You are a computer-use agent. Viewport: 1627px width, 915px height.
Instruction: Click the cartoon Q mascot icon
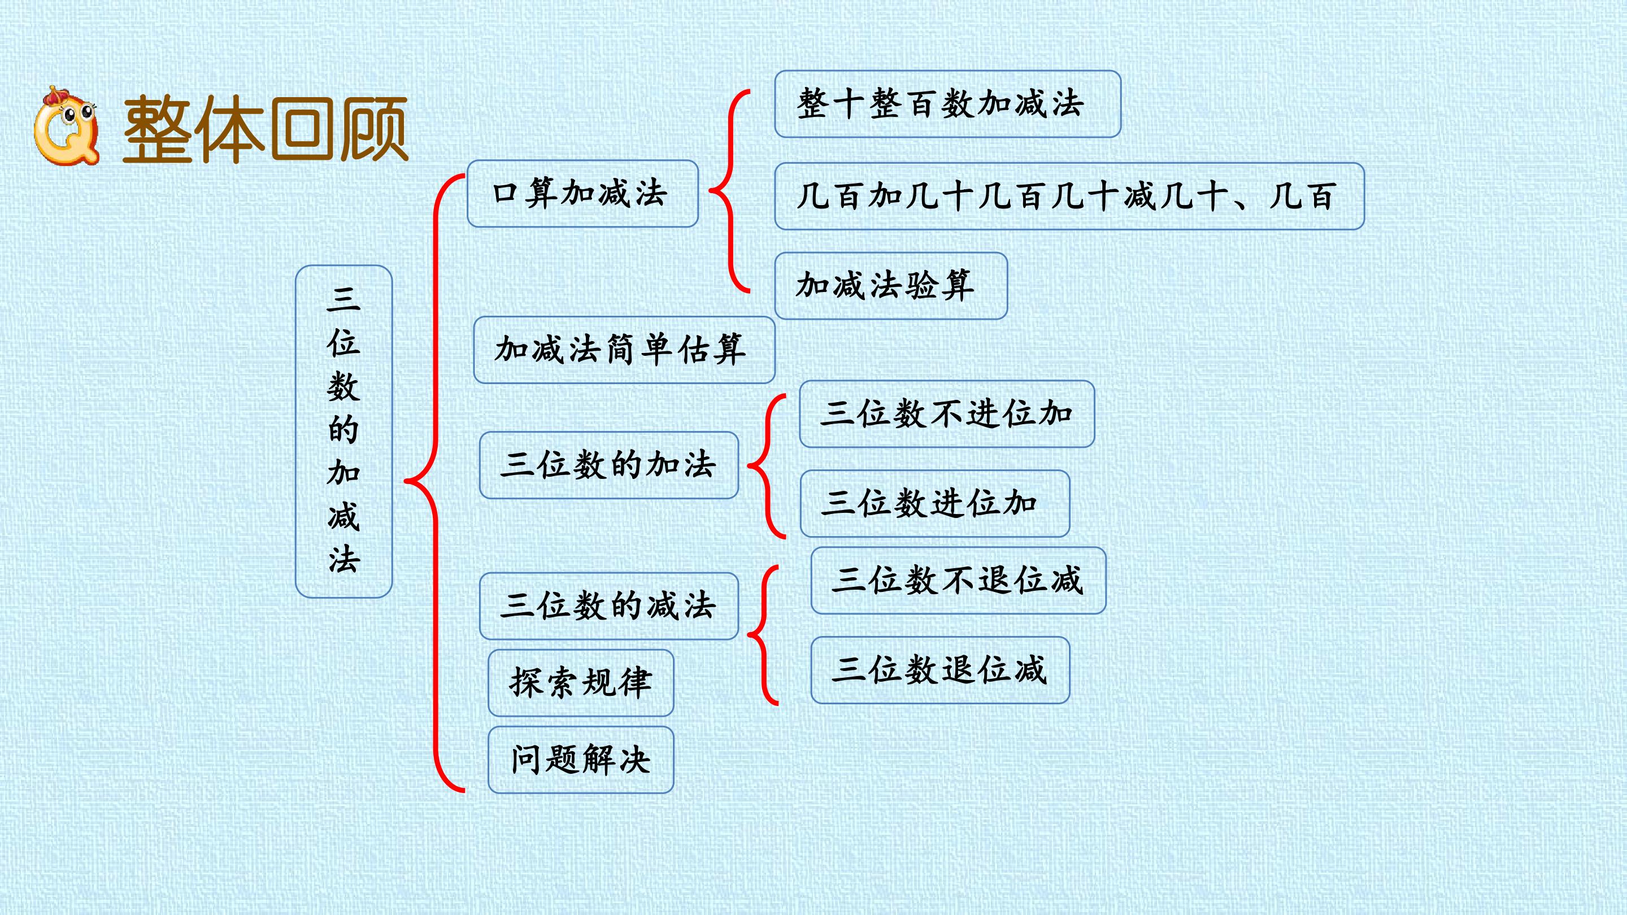tap(66, 125)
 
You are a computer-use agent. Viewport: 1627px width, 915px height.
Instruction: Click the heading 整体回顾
tap(266, 129)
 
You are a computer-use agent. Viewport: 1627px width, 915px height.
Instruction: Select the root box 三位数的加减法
tap(343, 432)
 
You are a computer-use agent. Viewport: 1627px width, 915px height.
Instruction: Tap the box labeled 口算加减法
tap(582, 193)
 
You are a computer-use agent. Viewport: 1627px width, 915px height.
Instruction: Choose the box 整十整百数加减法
tap(947, 103)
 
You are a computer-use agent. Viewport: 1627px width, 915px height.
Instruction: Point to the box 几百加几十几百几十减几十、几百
tap(1069, 196)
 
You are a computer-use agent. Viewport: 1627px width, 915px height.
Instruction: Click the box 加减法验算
tap(890, 285)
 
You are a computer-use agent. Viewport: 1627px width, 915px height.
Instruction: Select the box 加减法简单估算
tap(624, 350)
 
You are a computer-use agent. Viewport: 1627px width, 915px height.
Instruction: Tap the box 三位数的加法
tap(609, 465)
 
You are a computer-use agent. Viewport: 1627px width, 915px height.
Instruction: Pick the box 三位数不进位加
tap(947, 413)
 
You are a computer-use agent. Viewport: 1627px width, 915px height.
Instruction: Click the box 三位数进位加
tap(935, 503)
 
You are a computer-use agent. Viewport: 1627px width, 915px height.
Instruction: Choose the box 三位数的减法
tap(609, 606)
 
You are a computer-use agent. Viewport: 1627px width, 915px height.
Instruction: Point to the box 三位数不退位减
tap(958, 580)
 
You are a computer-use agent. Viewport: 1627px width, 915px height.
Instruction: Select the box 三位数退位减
tap(940, 670)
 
